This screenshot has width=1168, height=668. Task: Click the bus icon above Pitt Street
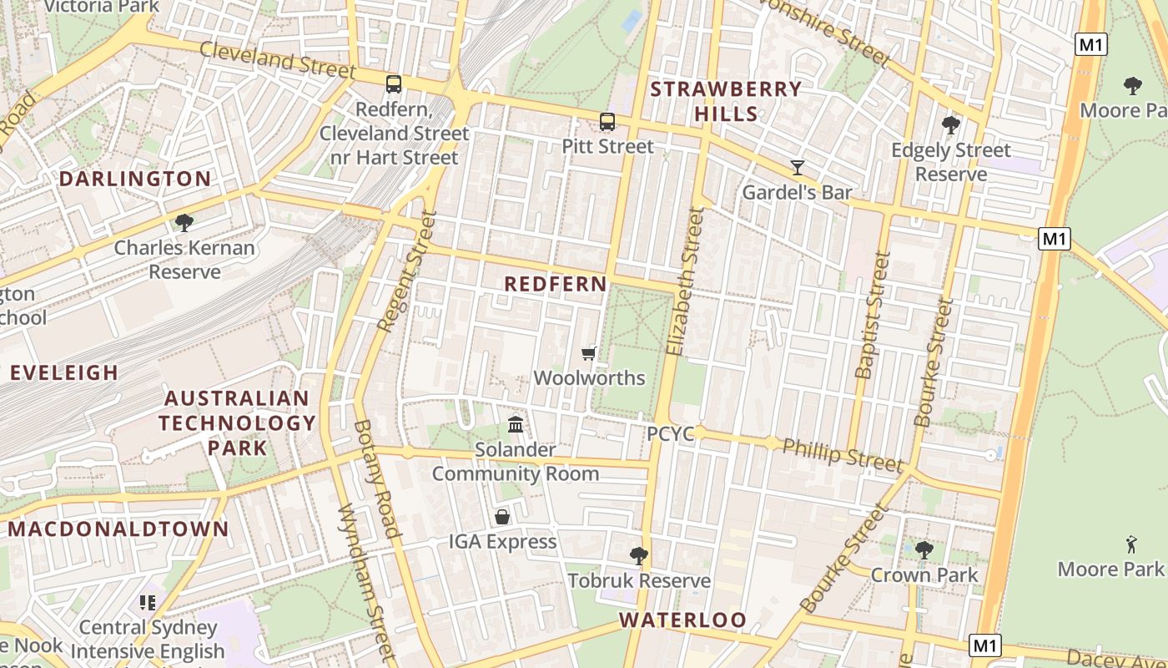tap(607, 122)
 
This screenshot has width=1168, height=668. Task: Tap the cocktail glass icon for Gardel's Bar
tap(798, 168)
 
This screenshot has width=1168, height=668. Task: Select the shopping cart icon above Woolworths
tap(589, 353)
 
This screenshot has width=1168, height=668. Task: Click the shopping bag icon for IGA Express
tap(502, 517)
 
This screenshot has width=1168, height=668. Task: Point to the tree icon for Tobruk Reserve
tap(639, 555)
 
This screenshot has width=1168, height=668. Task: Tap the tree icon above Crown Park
tap(924, 549)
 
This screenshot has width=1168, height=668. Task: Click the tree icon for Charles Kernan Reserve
tap(184, 222)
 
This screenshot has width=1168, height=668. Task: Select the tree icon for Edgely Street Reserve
tap(950, 125)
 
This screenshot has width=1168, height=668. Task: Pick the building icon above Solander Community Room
tap(516, 425)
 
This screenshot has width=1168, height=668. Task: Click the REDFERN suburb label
tap(556, 284)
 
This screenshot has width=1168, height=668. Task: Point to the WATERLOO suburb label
tap(682, 620)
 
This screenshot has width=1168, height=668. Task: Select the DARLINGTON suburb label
tap(135, 179)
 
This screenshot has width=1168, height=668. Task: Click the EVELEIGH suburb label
tap(64, 372)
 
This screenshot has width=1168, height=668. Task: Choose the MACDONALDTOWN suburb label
tap(118, 529)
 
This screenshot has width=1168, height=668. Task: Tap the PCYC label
tap(671, 434)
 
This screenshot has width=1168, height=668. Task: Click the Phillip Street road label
tap(843, 455)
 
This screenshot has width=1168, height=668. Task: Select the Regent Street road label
tap(407, 271)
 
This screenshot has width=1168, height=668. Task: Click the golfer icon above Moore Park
tap(1131, 544)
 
